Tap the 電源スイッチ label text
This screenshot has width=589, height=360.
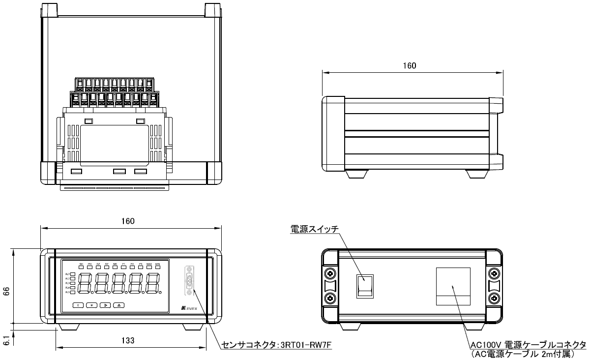pos(314,229)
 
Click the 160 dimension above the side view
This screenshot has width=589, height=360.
pos(409,65)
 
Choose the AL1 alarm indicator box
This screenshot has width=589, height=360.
pos(73,274)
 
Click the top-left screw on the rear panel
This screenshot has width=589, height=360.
pos(330,273)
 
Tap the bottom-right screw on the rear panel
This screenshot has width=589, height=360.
pos(494,298)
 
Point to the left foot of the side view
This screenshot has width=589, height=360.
pos(357,174)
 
